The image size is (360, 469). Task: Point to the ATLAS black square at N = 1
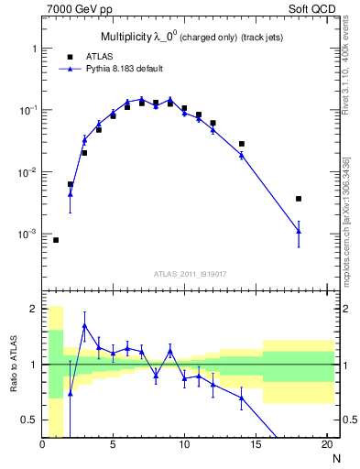pyautogui.click(x=56, y=240)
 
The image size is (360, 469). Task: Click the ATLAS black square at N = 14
pyautogui.click(x=242, y=144)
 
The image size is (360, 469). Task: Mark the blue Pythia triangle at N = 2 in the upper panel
pyautogui.click(x=71, y=193)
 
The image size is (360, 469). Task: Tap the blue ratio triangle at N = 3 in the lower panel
pyautogui.click(x=84, y=325)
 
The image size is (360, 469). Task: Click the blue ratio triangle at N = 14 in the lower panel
pyautogui.click(x=242, y=398)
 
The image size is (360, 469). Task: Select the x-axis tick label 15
pyautogui.click(x=256, y=446)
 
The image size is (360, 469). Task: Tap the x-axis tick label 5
pyautogui.click(x=113, y=446)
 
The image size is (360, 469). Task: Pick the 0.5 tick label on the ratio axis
pyautogui.click(x=29, y=420)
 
